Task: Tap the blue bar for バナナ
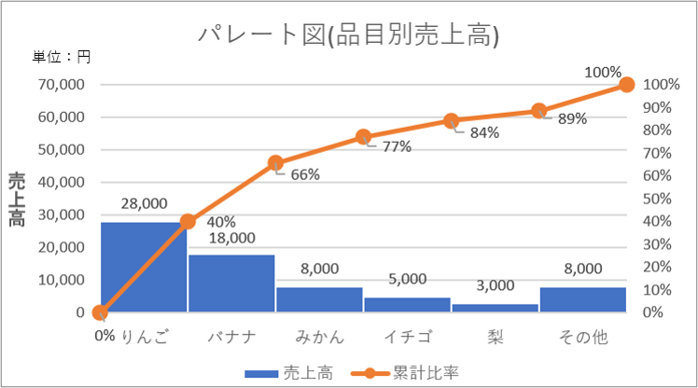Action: tap(231, 284)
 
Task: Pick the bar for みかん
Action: tap(319, 299)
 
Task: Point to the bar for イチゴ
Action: tap(407, 305)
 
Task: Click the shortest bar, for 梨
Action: tap(495, 308)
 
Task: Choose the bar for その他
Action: tap(582, 299)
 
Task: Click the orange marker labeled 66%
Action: tap(275, 163)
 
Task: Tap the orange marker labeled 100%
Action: tap(626, 85)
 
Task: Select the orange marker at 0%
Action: tap(100, 313)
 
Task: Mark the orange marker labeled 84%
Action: tap(451, 121)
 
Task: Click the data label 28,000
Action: tap(144, 203)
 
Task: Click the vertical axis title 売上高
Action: tap(17, 200)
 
